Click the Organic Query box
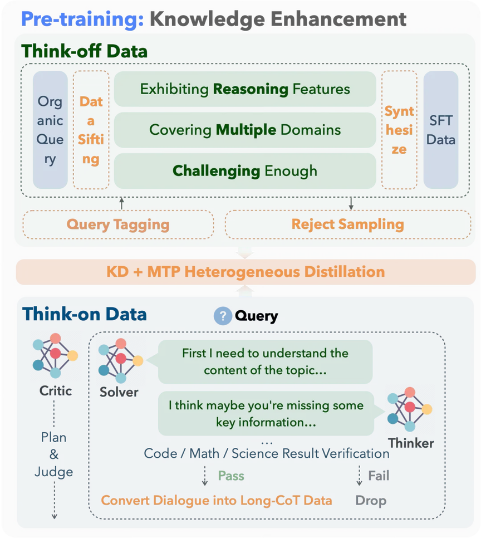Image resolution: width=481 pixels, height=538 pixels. click(50, 130)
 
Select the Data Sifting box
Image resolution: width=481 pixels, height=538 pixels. click(91, 130)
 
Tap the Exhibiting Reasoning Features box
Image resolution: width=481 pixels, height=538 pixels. click(245, 89)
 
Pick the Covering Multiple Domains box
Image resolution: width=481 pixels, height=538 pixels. click(245, 130)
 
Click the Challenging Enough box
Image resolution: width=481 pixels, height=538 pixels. click(245, 171)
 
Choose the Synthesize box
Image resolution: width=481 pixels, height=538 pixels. click(399, 130)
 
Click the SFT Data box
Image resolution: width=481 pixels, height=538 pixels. click(441, 130)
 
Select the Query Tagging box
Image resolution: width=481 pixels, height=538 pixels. click(118, 225)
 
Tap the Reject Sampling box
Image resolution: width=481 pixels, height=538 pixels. click(348, 225)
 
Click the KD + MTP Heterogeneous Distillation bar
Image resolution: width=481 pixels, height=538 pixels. click(246, 272)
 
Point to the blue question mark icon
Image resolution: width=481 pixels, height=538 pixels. click(223, 316)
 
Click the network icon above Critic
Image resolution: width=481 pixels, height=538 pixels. click(55, 355)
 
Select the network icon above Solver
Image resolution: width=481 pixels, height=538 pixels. click(121, 360)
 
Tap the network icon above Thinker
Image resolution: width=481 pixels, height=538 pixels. click(410, 409)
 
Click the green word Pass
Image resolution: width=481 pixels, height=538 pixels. click(231, 476)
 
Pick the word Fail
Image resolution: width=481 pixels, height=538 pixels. click(379, 476)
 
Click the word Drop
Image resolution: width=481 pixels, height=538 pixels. click(371, 501)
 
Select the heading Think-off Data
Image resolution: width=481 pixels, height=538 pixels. click(85, 51)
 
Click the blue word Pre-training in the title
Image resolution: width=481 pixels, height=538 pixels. click(83, 19)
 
